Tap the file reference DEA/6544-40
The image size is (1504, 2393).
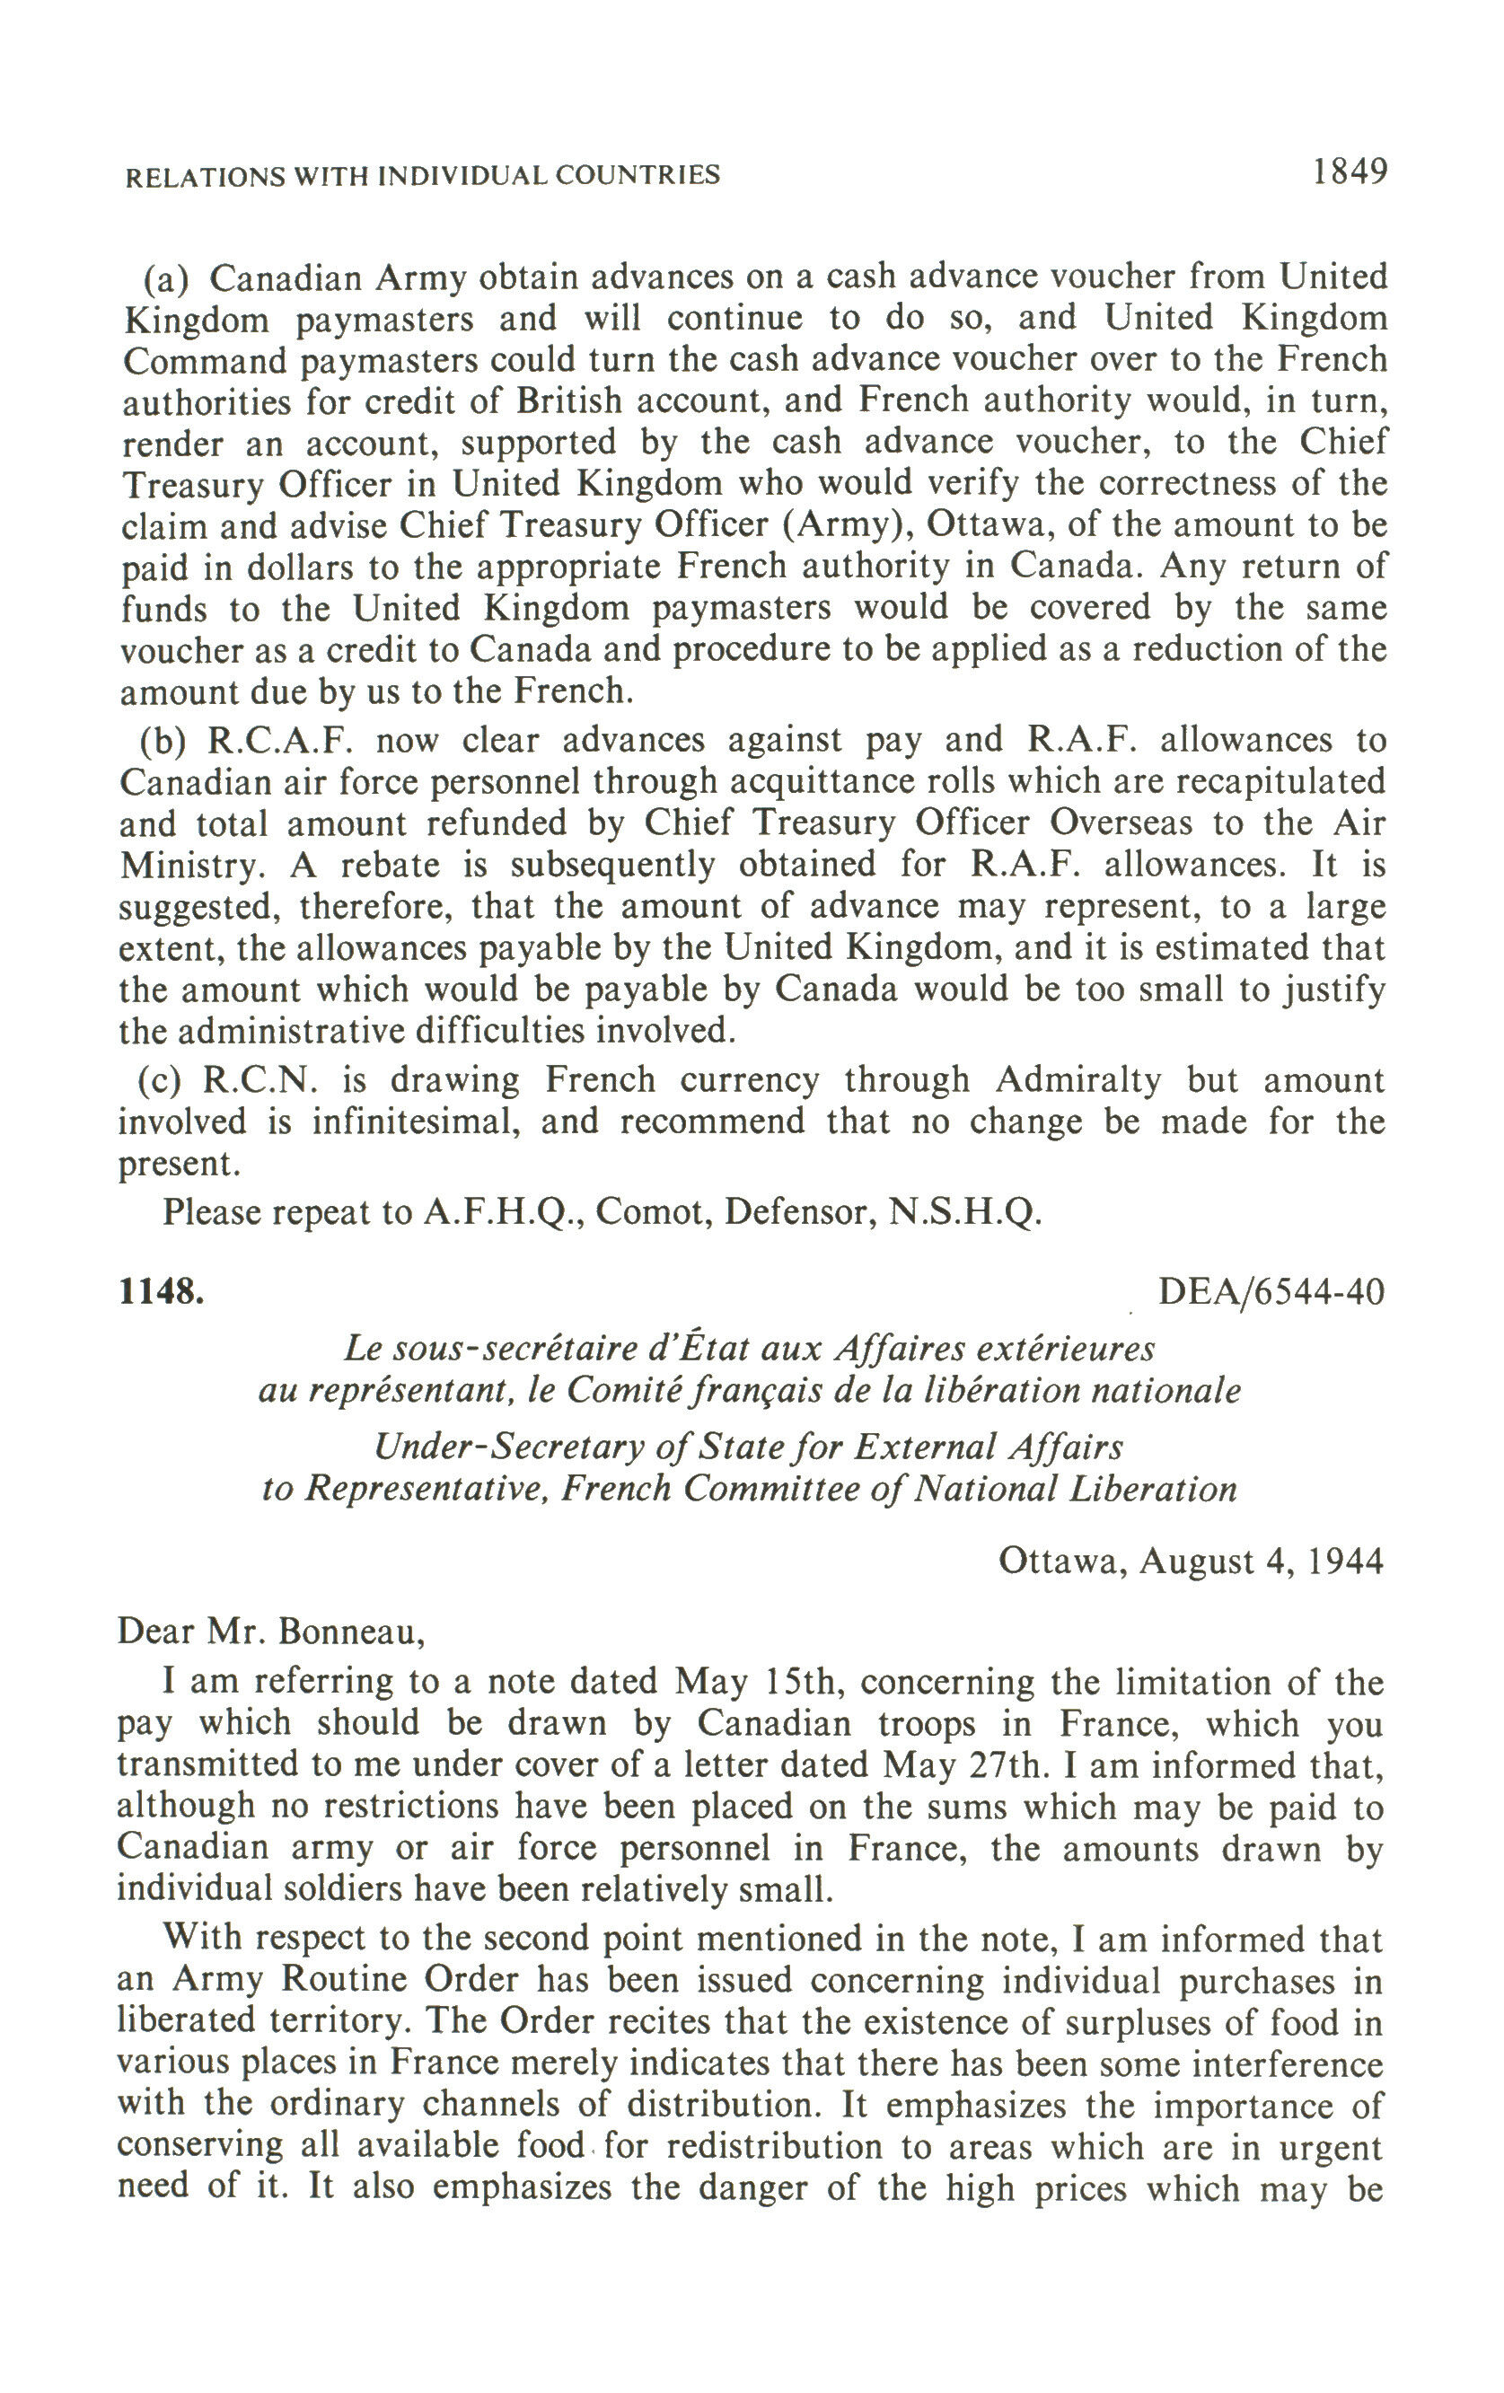pyautogui.click(x=1271, y=1292)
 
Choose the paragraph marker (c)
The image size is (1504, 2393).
pyautogui.click(x=159, y=1079)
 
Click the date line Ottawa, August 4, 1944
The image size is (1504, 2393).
pyautogui.click(x=1190, y=1562)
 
